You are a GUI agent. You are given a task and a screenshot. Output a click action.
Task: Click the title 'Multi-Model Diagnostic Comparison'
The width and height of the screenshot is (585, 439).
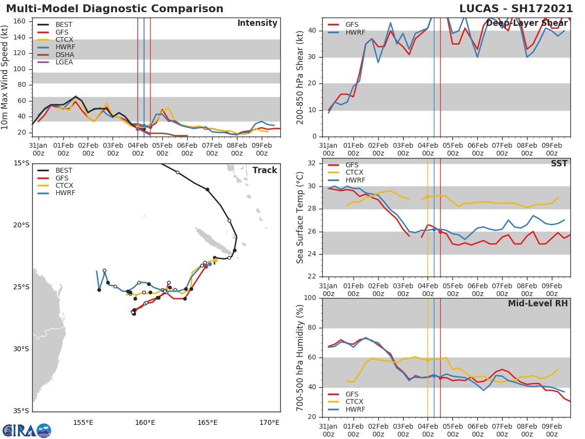pyautogui.click(x=115, y=9)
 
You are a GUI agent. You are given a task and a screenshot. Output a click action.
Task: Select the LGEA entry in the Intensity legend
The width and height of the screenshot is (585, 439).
pyautogui.click(x=64, y=62)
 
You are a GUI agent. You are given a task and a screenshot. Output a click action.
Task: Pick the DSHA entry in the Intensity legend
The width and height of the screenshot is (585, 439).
pyautogui.click(x=64, y=55)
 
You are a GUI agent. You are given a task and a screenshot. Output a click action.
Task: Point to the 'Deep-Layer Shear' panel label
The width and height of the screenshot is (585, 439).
pyautogui.click(x=527, y=23)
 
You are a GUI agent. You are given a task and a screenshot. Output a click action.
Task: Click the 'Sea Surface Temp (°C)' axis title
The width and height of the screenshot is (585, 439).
pyautogui.click(x=300, y=218)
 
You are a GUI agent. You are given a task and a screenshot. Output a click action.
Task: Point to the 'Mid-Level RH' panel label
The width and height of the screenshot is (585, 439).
pyautogui.click(x=538, y=303)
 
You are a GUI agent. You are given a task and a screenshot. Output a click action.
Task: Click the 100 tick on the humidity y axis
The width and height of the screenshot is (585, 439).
pyautogui.click(x=311, y=298)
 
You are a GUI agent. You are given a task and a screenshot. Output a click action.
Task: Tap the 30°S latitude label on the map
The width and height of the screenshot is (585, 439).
pyautogui.click(x=21, y=349)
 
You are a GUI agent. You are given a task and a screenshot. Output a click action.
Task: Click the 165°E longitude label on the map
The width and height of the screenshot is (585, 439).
pyautogui.click(x=208, y=422)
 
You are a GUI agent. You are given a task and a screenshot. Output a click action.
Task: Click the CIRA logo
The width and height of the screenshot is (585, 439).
pyautogui.click(x=27, y=431)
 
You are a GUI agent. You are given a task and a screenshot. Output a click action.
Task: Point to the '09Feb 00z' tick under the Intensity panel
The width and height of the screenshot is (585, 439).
pyautogui.click(x=261, y=149)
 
